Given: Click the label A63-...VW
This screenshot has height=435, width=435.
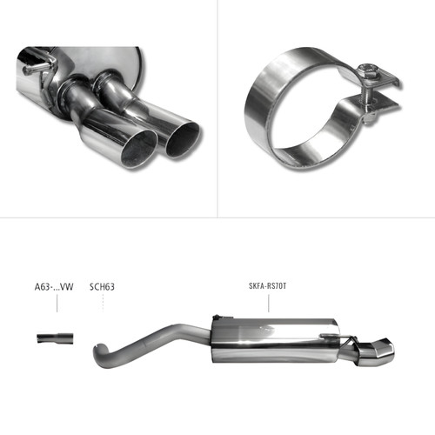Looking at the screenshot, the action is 54,287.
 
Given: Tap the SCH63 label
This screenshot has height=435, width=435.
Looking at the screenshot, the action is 102,287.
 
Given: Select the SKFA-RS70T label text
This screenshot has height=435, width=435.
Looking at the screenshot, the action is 267,286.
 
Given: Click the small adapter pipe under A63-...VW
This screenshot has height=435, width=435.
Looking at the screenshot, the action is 55,338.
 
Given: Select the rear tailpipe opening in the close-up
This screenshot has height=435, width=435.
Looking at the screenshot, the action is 184,140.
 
